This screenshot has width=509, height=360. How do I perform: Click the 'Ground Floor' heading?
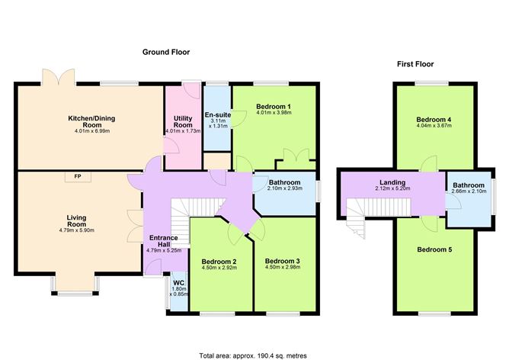coord(165,52)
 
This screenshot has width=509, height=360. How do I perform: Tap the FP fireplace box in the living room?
coord(77,177)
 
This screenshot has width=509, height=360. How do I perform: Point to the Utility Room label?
coord(182,121)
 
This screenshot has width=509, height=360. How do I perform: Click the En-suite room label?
coord(217,116)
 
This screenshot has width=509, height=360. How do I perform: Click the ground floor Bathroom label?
coord(285,183)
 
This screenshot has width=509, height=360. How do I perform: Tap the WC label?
coord(178,281)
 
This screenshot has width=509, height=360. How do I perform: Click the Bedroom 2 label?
coord(219,262)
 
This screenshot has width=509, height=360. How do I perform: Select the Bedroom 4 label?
coord(433,120)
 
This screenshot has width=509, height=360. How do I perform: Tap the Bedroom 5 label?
coord(433,249)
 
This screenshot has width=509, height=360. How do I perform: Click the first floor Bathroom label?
coord(468,185)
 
